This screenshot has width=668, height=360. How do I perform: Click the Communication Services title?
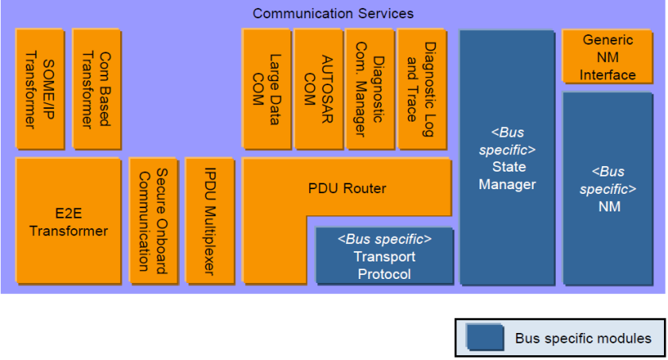point(332,14)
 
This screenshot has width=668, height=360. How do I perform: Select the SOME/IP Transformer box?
point(40,89)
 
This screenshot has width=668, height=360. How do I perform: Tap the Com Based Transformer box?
point(97,89)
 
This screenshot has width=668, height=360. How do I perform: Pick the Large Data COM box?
point(266,89)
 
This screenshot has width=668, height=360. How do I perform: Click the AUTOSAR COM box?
point(319,89)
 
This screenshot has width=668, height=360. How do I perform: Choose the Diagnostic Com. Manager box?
point(370,89)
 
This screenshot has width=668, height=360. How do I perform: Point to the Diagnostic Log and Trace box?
point(421,89)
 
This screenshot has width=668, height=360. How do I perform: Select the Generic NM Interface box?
point(607,56)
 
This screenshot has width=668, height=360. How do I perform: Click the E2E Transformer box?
point(68,221)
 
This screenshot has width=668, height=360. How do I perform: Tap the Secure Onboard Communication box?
point(153,221)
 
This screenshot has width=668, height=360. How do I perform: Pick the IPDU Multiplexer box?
point(210,221)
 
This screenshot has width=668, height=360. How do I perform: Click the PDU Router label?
point(348,188)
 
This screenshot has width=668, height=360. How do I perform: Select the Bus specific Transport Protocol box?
point(384,256)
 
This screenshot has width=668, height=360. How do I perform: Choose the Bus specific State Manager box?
point(507,157)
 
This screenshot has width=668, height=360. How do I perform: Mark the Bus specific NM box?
point(608,188)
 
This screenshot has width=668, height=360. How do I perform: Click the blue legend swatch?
point(485,338)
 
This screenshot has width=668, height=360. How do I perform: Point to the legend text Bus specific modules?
point(583,339)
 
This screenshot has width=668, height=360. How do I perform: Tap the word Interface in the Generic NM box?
point(608,75)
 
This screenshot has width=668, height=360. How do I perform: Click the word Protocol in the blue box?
point(384,274)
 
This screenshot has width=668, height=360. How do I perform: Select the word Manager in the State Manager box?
point(507,184)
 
